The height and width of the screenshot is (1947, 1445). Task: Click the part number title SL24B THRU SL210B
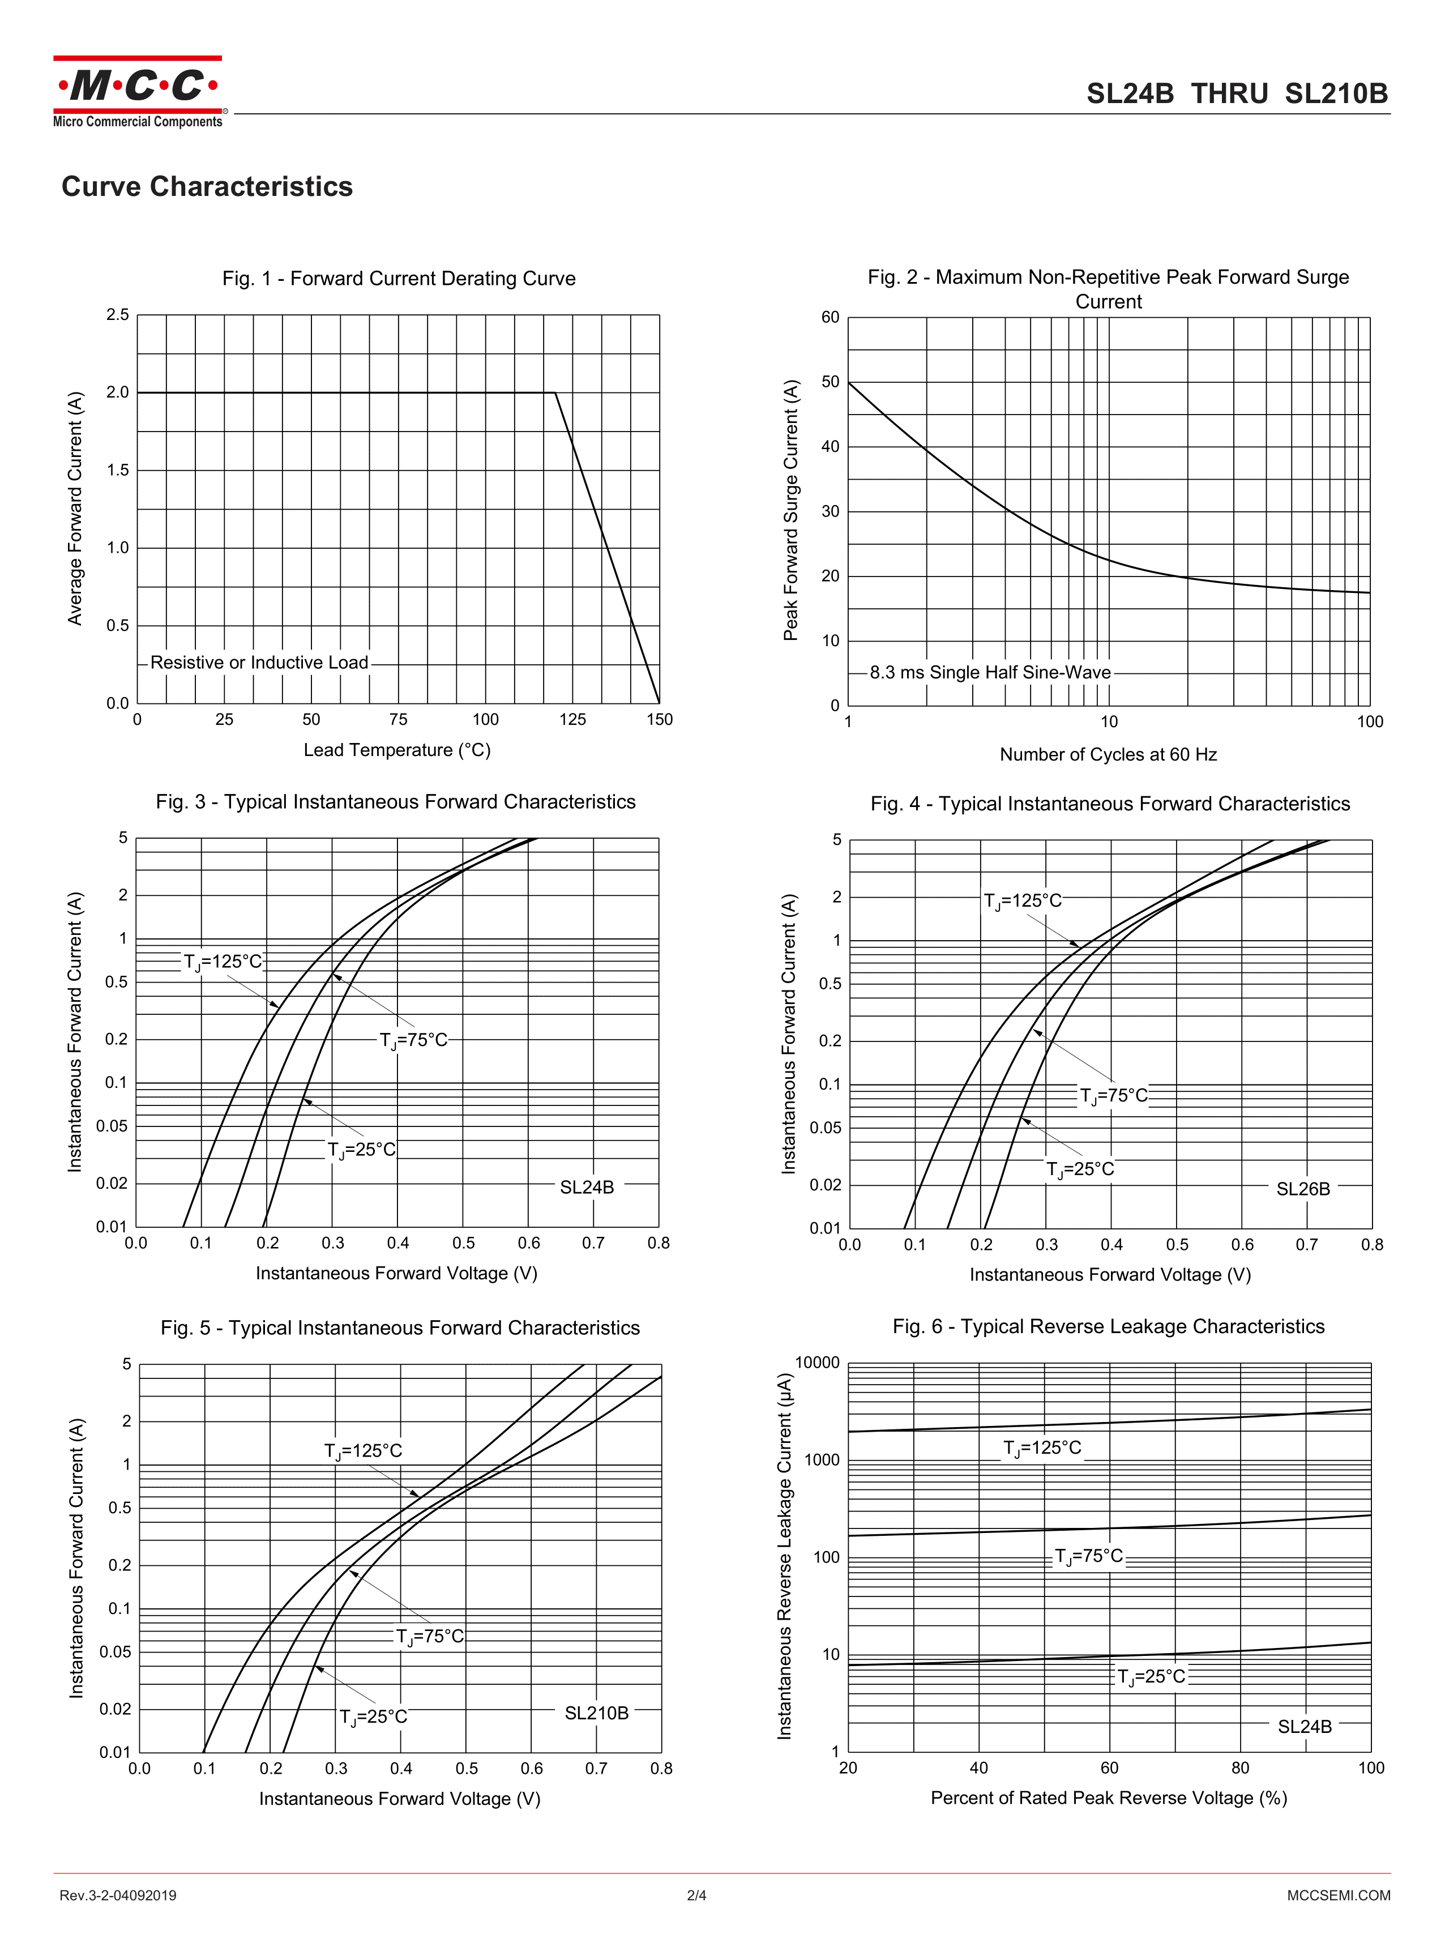coord(1236,93)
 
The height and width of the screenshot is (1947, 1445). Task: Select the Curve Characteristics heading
coord(207,186)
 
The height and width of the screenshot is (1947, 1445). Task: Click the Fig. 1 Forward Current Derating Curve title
coord(399,278)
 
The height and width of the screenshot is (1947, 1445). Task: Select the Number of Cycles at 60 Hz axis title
coord(1108,754)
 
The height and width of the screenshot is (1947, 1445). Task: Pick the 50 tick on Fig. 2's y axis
coord(830,382)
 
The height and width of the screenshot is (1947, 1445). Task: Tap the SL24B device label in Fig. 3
coord(587,1187)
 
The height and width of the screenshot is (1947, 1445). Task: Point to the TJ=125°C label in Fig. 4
coord(1023,901)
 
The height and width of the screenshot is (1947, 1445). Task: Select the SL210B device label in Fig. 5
coord(597,1713)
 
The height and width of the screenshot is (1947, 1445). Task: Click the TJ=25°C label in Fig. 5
coord(374,1717)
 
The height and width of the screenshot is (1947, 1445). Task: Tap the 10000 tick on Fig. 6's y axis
coord(817,1363)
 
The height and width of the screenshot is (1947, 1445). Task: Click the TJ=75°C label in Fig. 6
coord(1089,1556)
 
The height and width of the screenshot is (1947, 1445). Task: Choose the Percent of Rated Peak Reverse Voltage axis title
coord(1108,1798)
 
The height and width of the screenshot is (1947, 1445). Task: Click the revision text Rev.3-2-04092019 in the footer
coord(118,1895)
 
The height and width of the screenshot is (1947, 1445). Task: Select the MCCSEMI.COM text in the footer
coord(1339,1895)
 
